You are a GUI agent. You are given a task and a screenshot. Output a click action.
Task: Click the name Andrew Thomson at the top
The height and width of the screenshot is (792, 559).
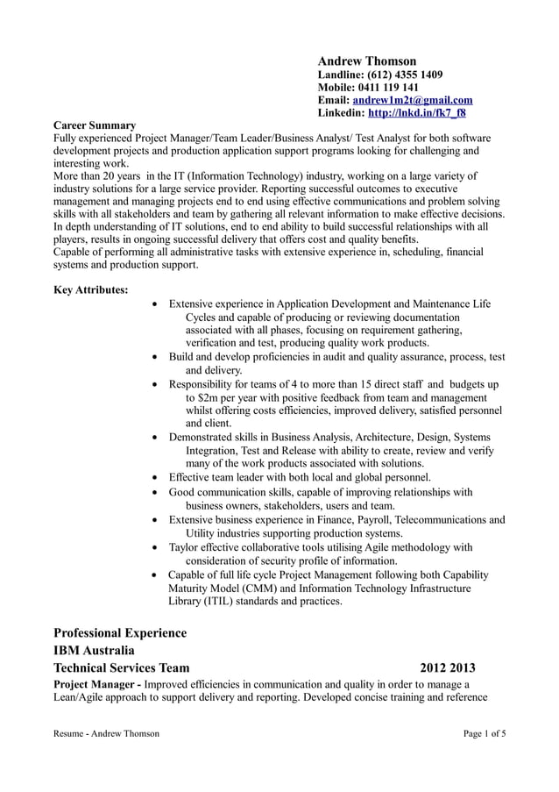click(366, 61)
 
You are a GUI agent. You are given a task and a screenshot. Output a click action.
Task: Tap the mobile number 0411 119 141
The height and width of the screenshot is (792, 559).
click(388, 88)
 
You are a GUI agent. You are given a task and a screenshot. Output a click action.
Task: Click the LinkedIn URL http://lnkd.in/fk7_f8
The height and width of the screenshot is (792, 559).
click(416, 113)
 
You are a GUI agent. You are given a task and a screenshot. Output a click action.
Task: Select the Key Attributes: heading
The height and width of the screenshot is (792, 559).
click(91, 289)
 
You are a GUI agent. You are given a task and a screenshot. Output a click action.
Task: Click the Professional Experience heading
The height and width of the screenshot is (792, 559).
click(120, 632)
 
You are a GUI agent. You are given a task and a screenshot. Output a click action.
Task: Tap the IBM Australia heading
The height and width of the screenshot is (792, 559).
click(94, 651)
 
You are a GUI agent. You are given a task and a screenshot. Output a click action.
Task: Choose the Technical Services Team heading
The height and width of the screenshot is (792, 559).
click(121, 668)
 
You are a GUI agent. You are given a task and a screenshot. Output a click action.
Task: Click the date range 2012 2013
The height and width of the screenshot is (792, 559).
click(447, 668)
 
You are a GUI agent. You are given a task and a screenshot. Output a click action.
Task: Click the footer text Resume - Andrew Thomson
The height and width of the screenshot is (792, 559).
click(106, 733)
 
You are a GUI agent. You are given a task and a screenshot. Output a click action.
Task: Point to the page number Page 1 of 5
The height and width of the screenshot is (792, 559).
click(484, 733)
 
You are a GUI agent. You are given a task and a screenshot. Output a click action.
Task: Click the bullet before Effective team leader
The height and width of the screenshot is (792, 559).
click(155, 478)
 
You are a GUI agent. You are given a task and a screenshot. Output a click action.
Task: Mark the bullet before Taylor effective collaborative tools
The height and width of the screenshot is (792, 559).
click(155, 548)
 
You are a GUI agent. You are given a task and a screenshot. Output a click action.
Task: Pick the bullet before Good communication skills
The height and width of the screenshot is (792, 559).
click(155, 493)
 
